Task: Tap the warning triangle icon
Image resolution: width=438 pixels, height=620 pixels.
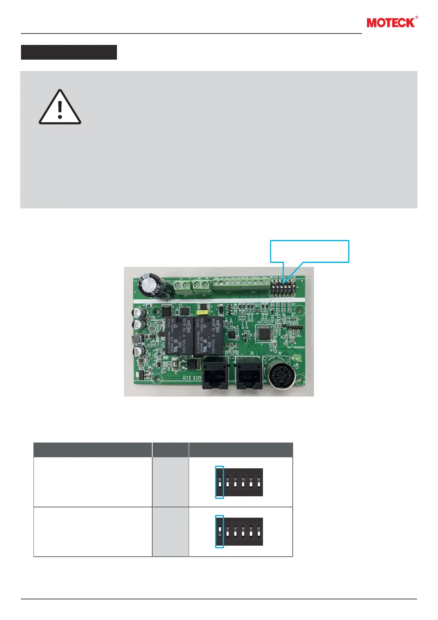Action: tap(60, 107)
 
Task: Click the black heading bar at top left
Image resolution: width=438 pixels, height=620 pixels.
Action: tap(69, 52)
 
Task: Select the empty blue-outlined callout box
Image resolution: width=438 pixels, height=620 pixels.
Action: tap(310, 251)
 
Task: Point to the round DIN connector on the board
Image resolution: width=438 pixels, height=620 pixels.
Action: tap(283, 372)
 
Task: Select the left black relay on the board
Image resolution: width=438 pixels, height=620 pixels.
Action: tap(178, 335)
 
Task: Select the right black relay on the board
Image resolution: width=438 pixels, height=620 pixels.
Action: tap(209, 335)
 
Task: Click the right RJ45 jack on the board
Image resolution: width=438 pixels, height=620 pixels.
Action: tap(249, 372)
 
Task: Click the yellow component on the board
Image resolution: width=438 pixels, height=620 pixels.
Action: tap(202, 312)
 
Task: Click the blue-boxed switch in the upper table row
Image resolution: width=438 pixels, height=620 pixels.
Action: tap(219, 482)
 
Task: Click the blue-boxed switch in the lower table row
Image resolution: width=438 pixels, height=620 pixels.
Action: tap(219, 531)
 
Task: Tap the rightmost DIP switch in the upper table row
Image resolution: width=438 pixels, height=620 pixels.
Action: tap(259, 482)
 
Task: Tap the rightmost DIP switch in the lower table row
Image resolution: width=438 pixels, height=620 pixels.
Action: tap(259, 531)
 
